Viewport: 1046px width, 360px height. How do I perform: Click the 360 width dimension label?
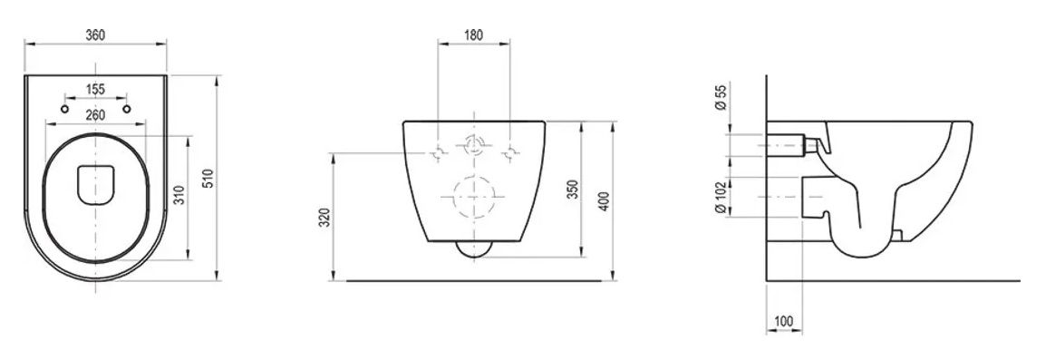(95, 35)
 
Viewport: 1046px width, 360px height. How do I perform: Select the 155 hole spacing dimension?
(95, 90)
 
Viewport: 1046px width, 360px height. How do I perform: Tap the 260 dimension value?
(95, 115)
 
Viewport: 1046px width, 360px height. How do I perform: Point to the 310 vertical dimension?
(179, 195)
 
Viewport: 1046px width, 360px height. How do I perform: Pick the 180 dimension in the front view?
(473, 35)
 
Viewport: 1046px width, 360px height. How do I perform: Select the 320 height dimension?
(324, 218)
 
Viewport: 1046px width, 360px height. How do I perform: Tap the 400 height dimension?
(604, 201)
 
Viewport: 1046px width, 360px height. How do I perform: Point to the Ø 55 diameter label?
(720, 96)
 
